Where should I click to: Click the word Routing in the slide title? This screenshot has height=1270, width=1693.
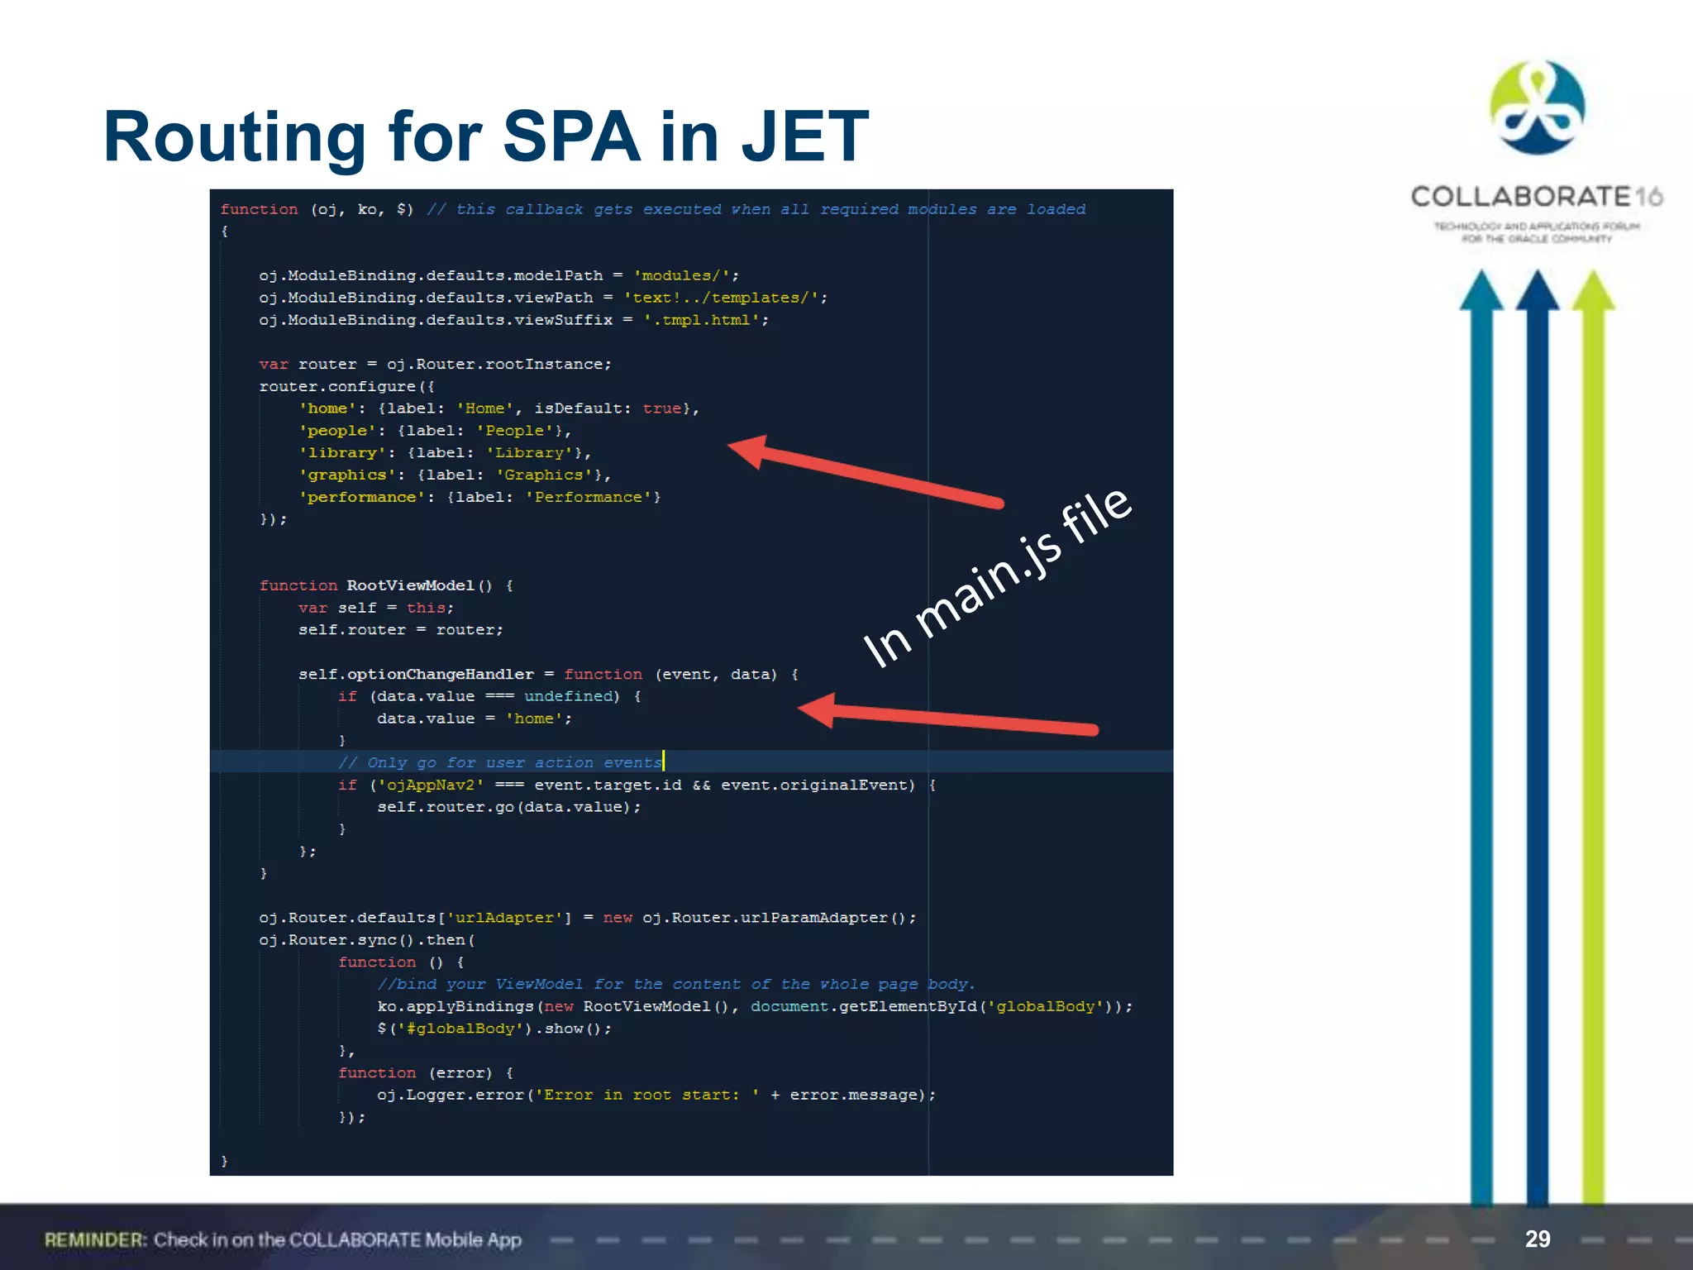tap(234, 138)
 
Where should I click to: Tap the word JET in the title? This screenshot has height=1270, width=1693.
tap(804, 136)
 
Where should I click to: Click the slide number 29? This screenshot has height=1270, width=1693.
tap(1537, 1239)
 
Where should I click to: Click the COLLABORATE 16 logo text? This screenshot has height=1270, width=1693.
tap(1536, 197)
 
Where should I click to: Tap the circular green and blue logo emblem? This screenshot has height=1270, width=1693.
tap(1537, 107)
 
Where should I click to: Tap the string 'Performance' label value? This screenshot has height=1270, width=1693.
tap(588, 497)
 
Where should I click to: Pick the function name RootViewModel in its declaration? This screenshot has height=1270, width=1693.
tap(410, 585)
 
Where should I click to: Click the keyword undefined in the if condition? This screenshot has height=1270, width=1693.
tap(568, 696)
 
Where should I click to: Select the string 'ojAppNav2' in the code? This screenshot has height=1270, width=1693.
tap(431, 785)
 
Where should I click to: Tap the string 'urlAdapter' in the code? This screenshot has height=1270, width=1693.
tap(504, 918)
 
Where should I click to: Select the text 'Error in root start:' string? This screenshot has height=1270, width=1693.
tap(647, 1095)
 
